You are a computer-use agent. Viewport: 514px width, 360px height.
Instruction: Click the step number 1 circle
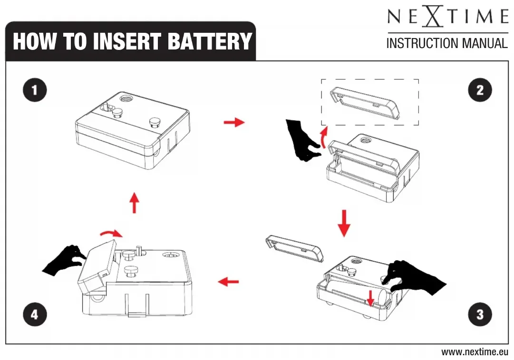[35, 90]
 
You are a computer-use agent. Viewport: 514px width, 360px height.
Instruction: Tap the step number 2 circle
[479, 90]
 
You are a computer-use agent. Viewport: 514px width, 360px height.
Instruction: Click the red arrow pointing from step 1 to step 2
[234, 122]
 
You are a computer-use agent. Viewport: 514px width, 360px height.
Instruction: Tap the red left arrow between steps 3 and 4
[228, 282]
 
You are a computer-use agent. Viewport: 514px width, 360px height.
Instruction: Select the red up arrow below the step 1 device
[135, 203]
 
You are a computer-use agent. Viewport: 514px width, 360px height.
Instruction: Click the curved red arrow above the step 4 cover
[111, 233]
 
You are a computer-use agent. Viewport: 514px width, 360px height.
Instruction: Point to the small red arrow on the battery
[370, 297]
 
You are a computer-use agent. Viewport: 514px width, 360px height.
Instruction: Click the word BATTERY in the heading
[209, 42]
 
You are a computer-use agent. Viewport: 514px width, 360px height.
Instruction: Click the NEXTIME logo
[447, 18]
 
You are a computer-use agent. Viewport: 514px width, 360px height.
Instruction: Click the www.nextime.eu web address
[475, 352]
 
